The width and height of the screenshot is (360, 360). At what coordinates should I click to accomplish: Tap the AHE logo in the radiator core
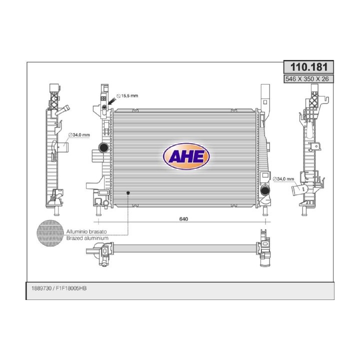(x=186, y=156)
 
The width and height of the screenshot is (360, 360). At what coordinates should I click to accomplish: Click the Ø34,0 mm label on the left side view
(x=79, y=135)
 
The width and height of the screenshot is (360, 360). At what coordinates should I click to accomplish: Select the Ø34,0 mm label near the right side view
(x=284, y=178)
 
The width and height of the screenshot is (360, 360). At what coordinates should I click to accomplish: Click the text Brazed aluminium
(x=87, y=238)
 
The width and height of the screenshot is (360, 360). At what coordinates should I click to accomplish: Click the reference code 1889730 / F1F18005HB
(x=59, y=289)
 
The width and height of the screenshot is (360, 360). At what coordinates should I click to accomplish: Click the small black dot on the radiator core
(x=128, y=192)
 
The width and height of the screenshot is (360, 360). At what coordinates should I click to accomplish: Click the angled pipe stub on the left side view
(x=63, y=111)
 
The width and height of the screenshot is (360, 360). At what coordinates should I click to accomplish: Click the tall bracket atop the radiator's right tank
(x=265, y=98)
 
